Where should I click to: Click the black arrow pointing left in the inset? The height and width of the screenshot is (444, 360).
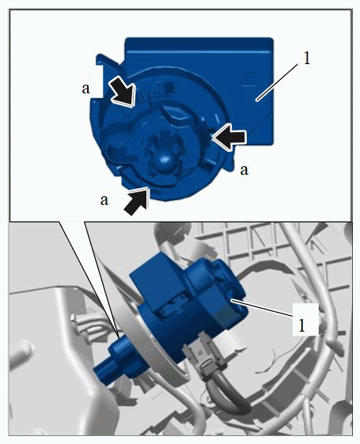(x=229, y=139)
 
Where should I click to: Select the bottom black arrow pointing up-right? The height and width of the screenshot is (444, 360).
(x=137, y=201)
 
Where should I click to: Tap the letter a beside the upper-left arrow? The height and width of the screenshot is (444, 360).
(x=85, y=89)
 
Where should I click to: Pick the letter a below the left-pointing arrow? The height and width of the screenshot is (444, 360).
(x=244, y=170)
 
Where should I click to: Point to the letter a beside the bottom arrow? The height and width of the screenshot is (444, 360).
(x=104, y=200)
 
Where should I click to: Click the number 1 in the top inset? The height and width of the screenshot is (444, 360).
(x=306, y=59)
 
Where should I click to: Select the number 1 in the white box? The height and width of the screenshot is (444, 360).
(x=302, y=325)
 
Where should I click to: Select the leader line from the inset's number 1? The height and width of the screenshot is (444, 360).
(x=277, y=82)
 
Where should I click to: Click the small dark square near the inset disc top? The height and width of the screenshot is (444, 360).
(x=169, y=88)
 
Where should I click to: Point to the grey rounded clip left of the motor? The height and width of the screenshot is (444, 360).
(x=86, y=325)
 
